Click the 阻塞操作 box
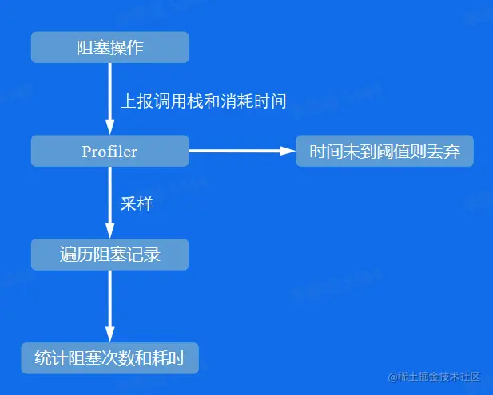pyautogui.click(x=109, y=47)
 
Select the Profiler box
pyautogui.click(x=109, y=151)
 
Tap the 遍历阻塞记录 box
pyautogui.click(x=109, y=255)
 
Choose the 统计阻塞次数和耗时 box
pyautogui.click(x=109, y=358)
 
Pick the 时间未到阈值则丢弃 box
pyautogui.click(x=384, y=151)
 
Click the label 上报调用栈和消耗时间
pyautogui.click(x=203, y=101)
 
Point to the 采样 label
pyautogui.click(x=137, y=203)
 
